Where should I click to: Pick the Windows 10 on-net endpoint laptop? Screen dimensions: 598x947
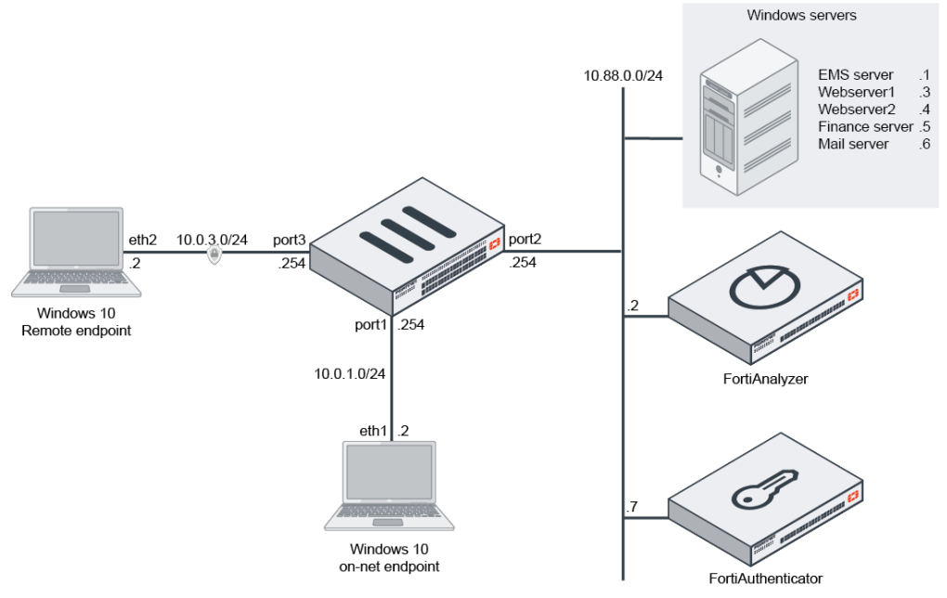(389, 487)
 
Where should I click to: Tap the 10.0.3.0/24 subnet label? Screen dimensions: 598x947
(214, 240)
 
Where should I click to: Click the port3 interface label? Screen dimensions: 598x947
(289, 240)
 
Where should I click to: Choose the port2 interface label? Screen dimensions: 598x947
(525, 240)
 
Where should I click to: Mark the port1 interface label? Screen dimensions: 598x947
(370, 326)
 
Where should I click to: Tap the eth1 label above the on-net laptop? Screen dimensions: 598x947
(375, 431)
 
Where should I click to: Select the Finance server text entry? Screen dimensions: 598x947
(865, 126)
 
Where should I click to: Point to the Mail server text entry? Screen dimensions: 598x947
(853, 144)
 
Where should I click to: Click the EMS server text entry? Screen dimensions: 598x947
(855, 74)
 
